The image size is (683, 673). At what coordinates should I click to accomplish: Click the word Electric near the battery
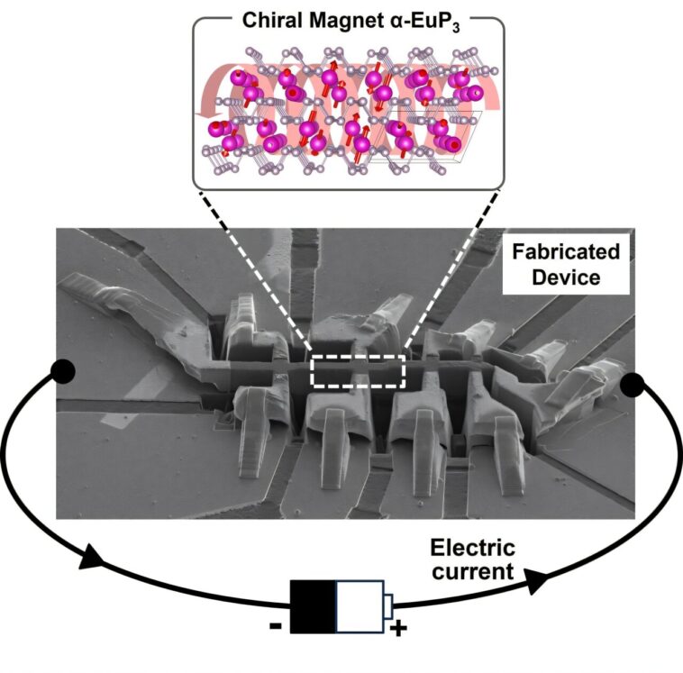[472, 548]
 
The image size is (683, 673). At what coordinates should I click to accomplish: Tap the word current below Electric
[472, 571]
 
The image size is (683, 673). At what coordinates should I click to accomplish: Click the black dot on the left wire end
[62, 369]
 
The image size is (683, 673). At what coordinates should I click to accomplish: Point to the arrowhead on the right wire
[533, 582]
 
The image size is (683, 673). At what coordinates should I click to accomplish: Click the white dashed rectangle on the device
[358, 370]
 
